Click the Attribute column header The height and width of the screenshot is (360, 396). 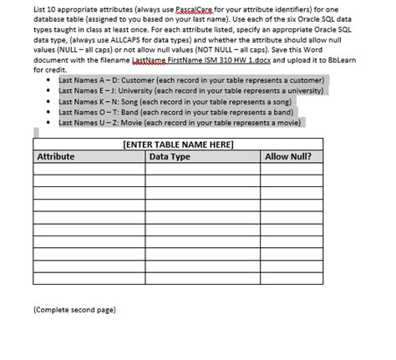pyautogui.click(x=57, y=156)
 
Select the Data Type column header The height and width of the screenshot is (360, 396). pyautogui.click(x=170, y=156)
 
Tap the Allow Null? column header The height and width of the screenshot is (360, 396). pyautogui.click(x=288, y=156)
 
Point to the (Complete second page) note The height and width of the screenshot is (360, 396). pyautogui.click(x=74, y=309)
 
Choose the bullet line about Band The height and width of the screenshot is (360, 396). pyautogui.click(x=175, y=111)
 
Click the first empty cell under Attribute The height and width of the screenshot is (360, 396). pyautogui.click(x=89, y=170)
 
